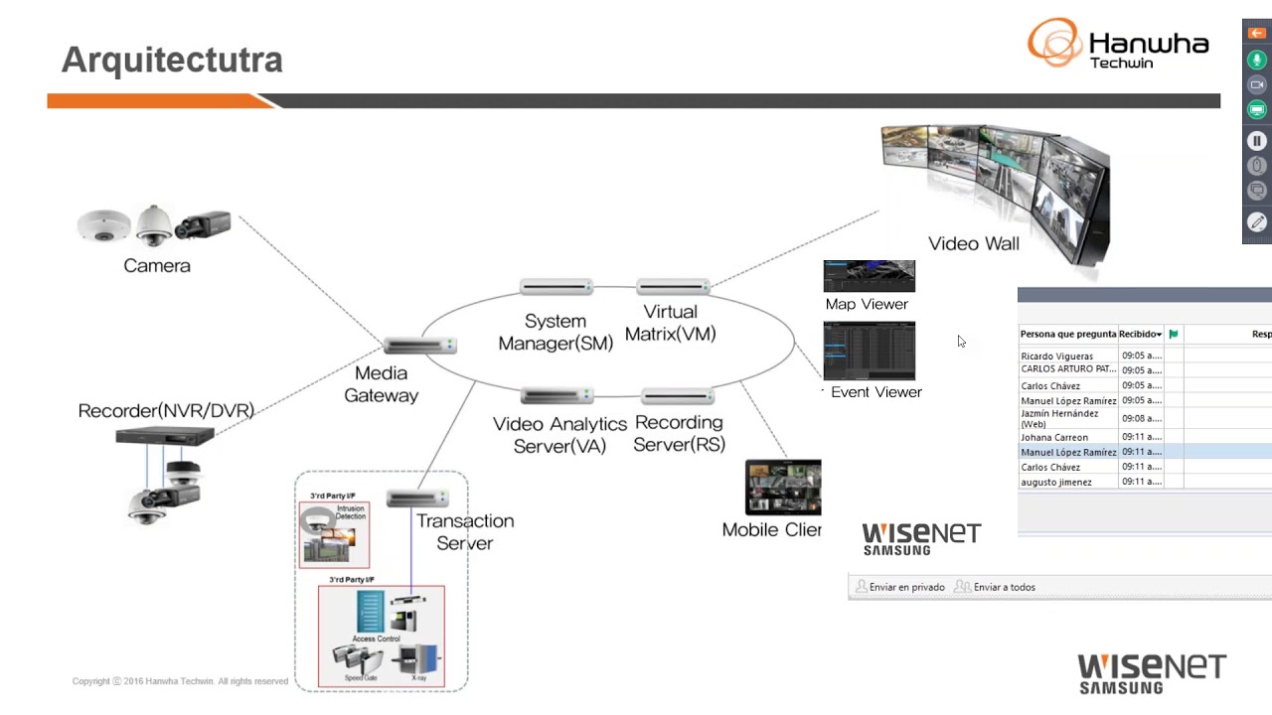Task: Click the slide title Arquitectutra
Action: coord(172,60)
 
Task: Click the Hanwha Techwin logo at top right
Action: coord(1118,45)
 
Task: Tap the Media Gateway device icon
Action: coord(420,346)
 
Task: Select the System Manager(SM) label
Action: coord(555,332)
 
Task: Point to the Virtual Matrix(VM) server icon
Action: coord(673,287)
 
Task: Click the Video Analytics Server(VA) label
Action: coord(559,435)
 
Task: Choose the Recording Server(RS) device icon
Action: coord(678,397)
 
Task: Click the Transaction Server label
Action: coord(464,531)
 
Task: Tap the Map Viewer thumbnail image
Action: coord(869,276)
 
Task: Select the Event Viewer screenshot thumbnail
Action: coord(869,351)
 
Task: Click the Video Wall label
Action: coord(973,243)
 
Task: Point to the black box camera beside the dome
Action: coord(205,224)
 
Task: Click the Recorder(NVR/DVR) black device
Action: coord(165,436)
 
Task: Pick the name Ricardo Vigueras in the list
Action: coord(1056,356)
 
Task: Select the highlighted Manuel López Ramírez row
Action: coord(1068,452)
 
